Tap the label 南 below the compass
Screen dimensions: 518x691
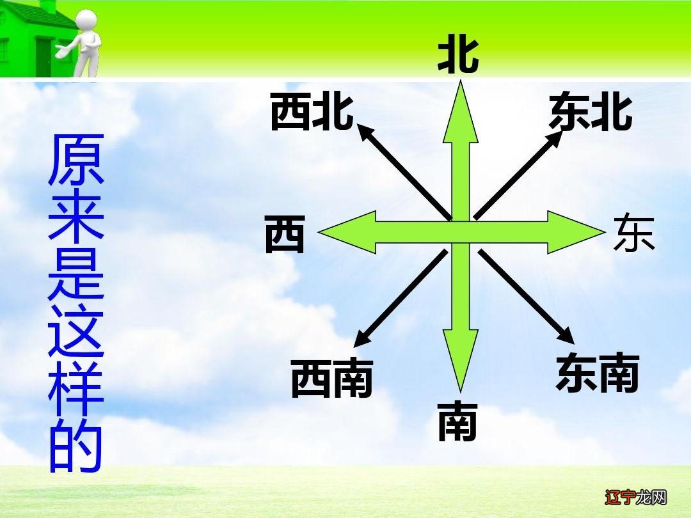(x=457, y=423)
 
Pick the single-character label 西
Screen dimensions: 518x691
(x=285, y=233)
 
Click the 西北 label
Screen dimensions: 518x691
(x=312, y=113)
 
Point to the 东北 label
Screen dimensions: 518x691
(x=591, y=113)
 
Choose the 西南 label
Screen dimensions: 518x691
(x=331, y=378)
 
